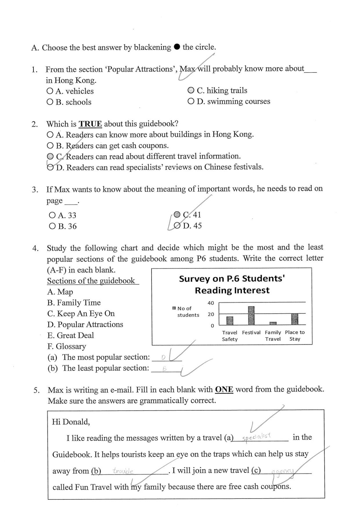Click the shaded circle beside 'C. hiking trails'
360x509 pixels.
pos(191,90)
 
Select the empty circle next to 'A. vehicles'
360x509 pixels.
pos(50,91)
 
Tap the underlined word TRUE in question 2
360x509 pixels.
pos(90,124)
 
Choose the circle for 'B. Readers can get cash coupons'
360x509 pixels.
pos(50,146)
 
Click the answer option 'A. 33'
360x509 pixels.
pos(63,215)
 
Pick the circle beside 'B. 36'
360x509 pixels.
pos(52,226)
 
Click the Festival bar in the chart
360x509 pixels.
pos(251,315)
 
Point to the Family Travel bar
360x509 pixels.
pos(273,323)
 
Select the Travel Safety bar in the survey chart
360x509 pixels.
pos(229,320)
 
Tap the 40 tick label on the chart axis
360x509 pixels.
pos(211,303)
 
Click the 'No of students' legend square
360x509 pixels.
pos(174,308)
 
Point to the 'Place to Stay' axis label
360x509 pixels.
pos(295,335)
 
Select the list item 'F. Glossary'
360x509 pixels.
pos(67,346)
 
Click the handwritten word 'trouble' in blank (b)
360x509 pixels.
pos(123,471)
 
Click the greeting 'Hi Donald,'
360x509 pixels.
pos(71,422)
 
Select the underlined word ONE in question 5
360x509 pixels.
pos(224,389)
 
